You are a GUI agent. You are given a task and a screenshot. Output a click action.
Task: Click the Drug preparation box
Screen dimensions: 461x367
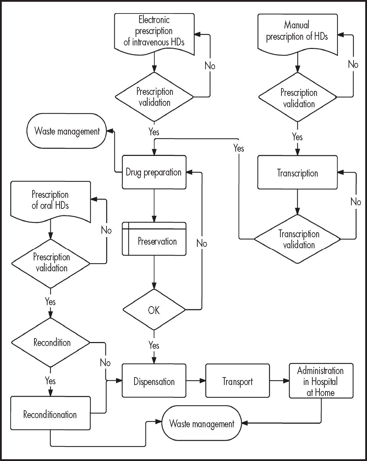(154, 172)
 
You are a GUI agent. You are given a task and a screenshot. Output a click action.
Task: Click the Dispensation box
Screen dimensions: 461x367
(154, 381)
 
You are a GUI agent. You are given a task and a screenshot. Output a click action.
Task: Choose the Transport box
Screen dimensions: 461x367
(237, 381)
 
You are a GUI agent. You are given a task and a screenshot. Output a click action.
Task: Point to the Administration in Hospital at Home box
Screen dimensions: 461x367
(321, 381)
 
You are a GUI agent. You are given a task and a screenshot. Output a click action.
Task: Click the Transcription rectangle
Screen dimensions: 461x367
(297, 173)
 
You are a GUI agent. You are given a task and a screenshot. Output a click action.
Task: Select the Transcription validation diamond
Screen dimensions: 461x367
(297, 239)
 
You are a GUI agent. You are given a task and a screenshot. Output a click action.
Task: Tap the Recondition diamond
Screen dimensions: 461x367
(51, 342)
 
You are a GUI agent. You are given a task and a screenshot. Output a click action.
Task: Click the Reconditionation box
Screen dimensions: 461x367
(50, 413)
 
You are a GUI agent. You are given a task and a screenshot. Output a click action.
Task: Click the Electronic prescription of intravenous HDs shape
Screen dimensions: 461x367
(154, 32)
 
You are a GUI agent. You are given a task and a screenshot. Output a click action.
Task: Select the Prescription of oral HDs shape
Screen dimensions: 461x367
(50, 200)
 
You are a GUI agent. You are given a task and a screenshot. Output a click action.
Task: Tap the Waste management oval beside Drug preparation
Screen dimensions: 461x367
(67, 131)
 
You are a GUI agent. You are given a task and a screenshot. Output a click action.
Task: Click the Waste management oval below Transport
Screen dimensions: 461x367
(202, 423)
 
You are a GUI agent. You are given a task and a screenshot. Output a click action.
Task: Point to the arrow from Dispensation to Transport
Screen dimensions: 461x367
(196, 381)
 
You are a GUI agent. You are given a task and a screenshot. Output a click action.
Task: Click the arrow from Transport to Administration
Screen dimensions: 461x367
(279, 381)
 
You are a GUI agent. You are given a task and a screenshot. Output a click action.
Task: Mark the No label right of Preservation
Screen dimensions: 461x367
(202, 244)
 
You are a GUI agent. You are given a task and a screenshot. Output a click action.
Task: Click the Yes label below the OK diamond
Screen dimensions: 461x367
(154, 345)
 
